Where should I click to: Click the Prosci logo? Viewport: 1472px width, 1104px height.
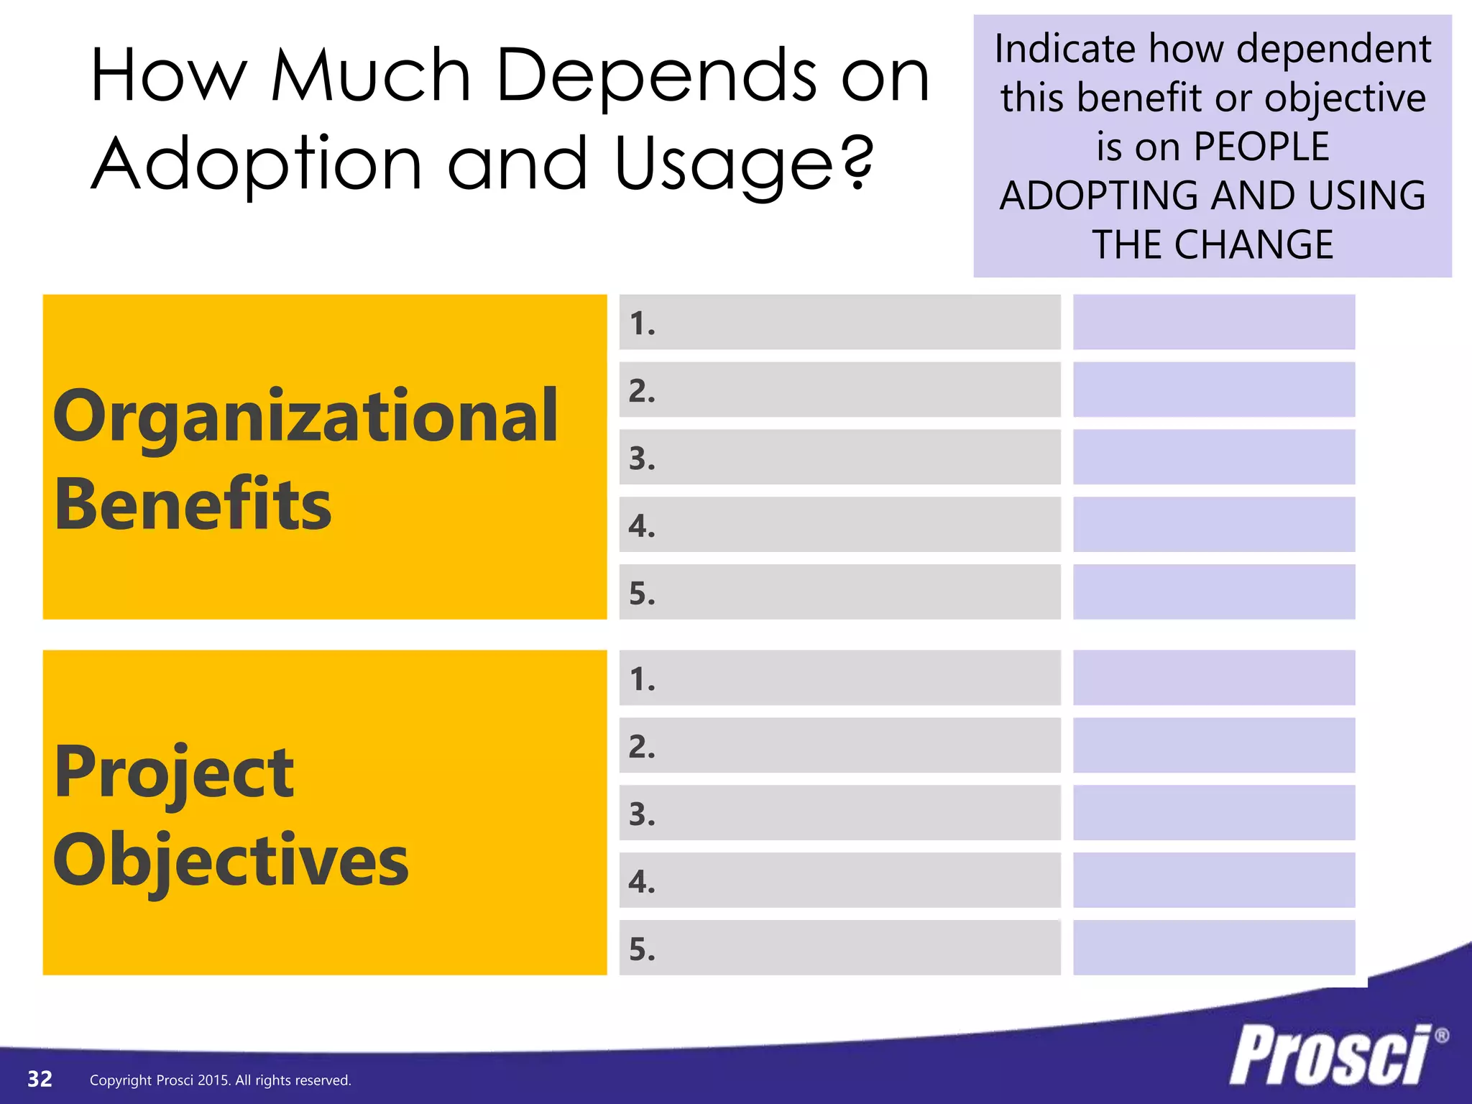coord(1332,1055)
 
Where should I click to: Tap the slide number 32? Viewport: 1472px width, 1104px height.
coord(40,1079)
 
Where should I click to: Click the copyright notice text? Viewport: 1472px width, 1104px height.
coord(220,1080)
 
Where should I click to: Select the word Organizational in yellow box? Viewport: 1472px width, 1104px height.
coord(305,418)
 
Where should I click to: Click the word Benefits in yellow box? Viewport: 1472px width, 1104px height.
coord(193,505)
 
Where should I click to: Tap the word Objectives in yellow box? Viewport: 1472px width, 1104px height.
coord(231,861)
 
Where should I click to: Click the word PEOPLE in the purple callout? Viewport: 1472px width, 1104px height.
coord(1261,147)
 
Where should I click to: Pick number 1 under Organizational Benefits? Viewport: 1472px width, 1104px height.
coord(642,323)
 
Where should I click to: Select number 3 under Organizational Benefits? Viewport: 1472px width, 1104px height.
coord(642,459)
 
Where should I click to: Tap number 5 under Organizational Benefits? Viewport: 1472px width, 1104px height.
coord(642,594)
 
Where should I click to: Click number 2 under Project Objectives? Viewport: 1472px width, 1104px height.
coord(642,747)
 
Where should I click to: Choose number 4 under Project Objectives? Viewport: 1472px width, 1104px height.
coord(642,882)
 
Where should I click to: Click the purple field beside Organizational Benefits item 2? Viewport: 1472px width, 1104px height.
coord(1213,390)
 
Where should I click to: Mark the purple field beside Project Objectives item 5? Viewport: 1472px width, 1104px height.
coord(1213,947)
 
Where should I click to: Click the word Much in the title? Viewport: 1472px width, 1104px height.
coord(371,75)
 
